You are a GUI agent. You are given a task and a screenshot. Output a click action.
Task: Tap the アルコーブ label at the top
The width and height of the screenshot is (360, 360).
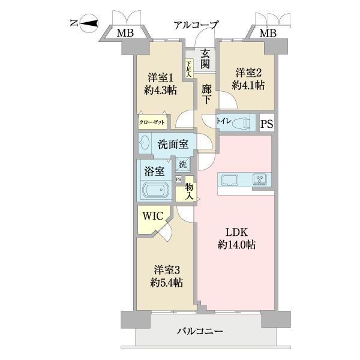[196, 25]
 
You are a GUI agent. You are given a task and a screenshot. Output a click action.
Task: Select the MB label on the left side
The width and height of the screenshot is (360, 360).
[125, 32]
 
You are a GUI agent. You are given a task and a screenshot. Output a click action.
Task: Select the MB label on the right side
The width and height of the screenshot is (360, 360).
[268, 32]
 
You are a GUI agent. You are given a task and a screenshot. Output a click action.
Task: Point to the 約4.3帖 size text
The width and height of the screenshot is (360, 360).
[161, 91]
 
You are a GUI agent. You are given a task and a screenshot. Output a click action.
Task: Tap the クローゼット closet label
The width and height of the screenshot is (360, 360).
[152, 122]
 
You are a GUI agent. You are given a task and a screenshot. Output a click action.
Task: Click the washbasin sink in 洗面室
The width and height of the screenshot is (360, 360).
[145, 143]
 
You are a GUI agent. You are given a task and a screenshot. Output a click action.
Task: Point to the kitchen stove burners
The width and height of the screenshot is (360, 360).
[260, 178]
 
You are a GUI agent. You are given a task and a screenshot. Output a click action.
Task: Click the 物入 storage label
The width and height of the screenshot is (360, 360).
[189, 192]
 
